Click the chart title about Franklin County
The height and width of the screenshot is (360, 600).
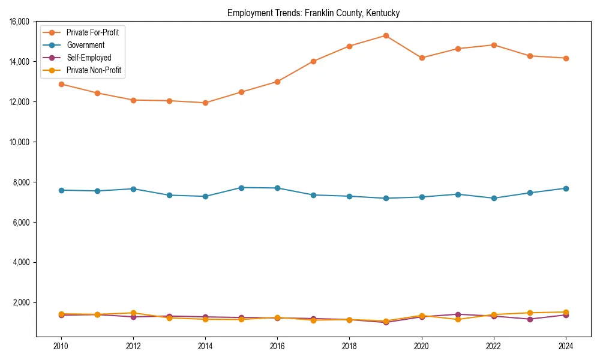[x=313, y=13]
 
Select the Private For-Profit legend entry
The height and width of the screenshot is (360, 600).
[x=92, y=32]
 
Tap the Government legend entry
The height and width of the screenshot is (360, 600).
[x=85, y=45]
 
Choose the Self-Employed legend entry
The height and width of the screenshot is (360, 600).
[x=89, y=58]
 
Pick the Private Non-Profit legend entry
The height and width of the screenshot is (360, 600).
[x=94, y=70]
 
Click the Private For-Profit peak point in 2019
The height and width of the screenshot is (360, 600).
[x=386, y=35]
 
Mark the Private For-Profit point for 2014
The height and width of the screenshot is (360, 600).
[x=205, y=103]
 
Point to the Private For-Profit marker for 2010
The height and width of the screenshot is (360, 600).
[x=61, y=84]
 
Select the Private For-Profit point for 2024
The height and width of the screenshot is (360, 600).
[x=566, y=58]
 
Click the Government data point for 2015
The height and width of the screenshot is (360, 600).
[x=241, y=188]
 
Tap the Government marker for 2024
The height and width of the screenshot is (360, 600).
[x=566, y=188]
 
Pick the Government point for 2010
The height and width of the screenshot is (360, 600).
[x=61, y=190]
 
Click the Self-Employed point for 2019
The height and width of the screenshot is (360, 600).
[x=386, y=322]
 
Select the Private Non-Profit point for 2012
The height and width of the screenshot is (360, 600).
[x=133, y=313]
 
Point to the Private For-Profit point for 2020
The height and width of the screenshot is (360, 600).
[x=422, y=58]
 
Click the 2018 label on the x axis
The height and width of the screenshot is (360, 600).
[x=349, y=346]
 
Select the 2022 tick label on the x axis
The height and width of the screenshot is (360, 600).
[x=494, y=346]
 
